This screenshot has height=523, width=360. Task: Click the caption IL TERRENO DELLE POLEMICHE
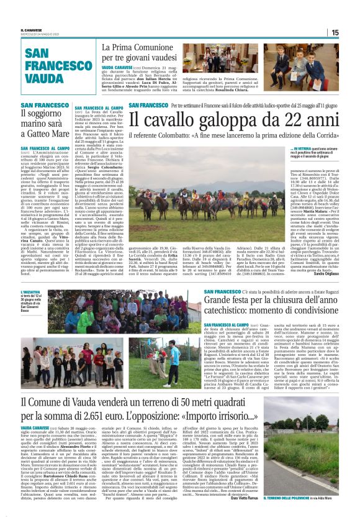coord(300,498)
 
